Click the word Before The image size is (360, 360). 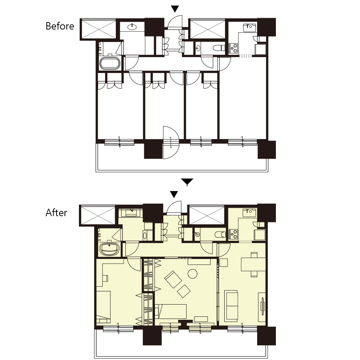60,26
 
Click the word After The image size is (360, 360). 56,213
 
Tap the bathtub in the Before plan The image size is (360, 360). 110,63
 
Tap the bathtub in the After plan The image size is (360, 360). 110,249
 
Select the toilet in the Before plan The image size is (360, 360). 219,48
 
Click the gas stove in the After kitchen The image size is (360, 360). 233,234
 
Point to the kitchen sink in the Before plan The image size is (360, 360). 250,28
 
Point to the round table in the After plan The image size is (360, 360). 193,274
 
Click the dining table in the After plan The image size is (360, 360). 253,264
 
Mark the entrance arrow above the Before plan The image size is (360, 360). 175,9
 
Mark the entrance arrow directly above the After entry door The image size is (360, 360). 174,194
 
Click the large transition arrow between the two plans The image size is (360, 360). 187,181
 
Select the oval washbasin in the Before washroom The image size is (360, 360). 132,27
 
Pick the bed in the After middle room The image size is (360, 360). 170,312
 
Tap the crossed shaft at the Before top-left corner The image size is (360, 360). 99,30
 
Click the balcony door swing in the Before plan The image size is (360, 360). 171,142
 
